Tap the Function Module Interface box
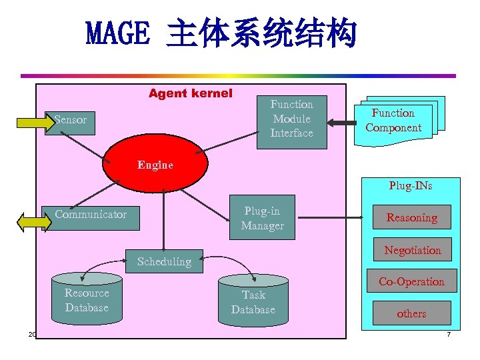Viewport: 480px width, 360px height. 291,119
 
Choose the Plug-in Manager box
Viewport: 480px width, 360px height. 263,219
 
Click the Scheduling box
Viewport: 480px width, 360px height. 164,261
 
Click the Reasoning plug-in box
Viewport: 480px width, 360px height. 411,217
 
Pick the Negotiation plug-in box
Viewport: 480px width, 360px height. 412,250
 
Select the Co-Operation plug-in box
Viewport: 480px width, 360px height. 411,281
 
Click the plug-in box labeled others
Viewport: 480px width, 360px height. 411,313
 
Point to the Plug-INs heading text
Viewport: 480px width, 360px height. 411,186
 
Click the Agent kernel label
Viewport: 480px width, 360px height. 190,93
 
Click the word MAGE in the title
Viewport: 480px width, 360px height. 118,35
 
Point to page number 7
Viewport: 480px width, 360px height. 449,333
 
